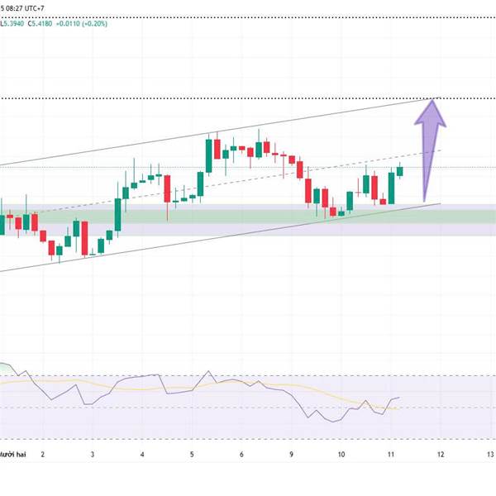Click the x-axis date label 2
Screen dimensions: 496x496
[42, 455]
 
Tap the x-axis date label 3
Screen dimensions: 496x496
[93, 455]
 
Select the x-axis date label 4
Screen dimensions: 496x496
[142, 455]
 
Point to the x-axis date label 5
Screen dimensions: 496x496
[192, 455]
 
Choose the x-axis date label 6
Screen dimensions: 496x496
[241, 455]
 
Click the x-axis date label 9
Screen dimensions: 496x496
[292, 455]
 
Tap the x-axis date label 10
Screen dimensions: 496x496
[341, 455]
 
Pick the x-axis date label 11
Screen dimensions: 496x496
[391, 455]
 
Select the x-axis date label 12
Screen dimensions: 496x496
[441, 455]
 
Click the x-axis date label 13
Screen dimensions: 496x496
[490, 455]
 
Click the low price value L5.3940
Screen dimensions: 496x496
[12, 23]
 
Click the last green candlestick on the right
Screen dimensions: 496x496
[400, 171]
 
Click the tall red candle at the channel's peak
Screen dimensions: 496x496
[217, 150]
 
